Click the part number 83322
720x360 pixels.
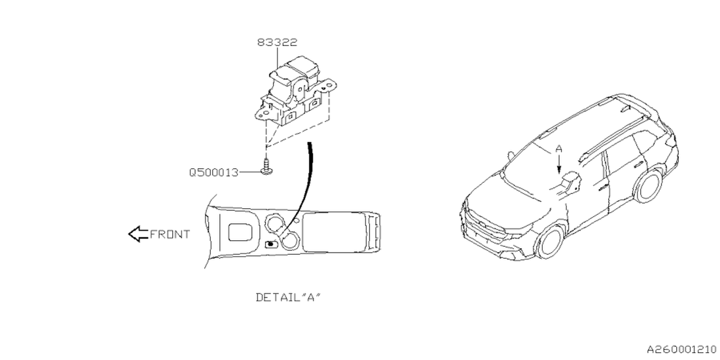pos(277,42)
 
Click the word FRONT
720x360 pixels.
pos(170,234)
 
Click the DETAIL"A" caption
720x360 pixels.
pos(288,297)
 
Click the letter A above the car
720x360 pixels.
pos(559,149)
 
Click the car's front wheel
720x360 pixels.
pos(551,242)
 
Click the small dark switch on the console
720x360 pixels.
pos(271,244)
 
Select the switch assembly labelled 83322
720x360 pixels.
pos(295,93)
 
